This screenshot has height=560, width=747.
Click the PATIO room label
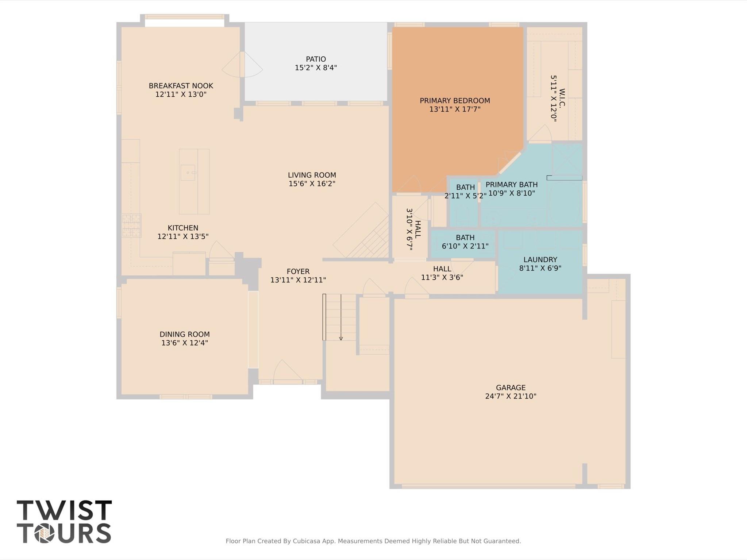point(316,59)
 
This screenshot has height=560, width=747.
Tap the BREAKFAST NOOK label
point(181,86)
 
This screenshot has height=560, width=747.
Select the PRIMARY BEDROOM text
point(455,101)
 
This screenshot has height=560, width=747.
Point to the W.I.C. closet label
point(562,98)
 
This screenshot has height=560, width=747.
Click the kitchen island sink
point(188,172)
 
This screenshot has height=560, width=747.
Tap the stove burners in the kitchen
point(131,225)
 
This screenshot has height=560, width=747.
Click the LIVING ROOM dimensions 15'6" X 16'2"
point(312,184)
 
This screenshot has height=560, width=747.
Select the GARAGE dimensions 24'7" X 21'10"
point(511,396)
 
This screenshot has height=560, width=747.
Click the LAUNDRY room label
point(540,260)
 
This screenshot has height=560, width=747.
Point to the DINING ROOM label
point(184,334)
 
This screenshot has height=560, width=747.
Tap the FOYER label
point(298,271)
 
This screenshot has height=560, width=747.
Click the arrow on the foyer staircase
point(341,317)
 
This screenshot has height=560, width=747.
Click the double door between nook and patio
point(242,64)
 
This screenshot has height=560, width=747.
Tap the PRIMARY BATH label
point(511,185)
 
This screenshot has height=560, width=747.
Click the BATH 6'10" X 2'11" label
point(465,242)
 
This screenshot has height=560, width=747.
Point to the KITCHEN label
point(183,228)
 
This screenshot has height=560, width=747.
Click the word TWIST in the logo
point(64,510)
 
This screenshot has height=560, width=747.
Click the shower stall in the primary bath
point(567,159)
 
